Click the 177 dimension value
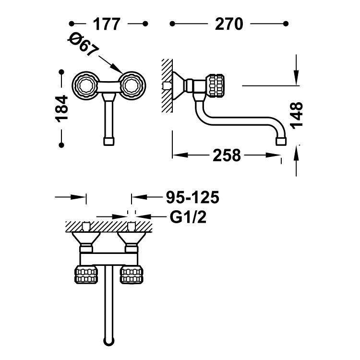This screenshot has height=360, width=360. tap(107, 24)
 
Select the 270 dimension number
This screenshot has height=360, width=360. tap(229, 24)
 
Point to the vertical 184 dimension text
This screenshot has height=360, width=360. tap(62, 108)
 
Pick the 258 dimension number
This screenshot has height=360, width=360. tap(226, 155)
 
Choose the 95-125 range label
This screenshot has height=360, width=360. tap(192, 197)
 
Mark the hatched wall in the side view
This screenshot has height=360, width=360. tap(167, 85)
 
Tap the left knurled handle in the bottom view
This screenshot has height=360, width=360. tap(86, 275)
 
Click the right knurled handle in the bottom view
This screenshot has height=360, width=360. tap(131, 275)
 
